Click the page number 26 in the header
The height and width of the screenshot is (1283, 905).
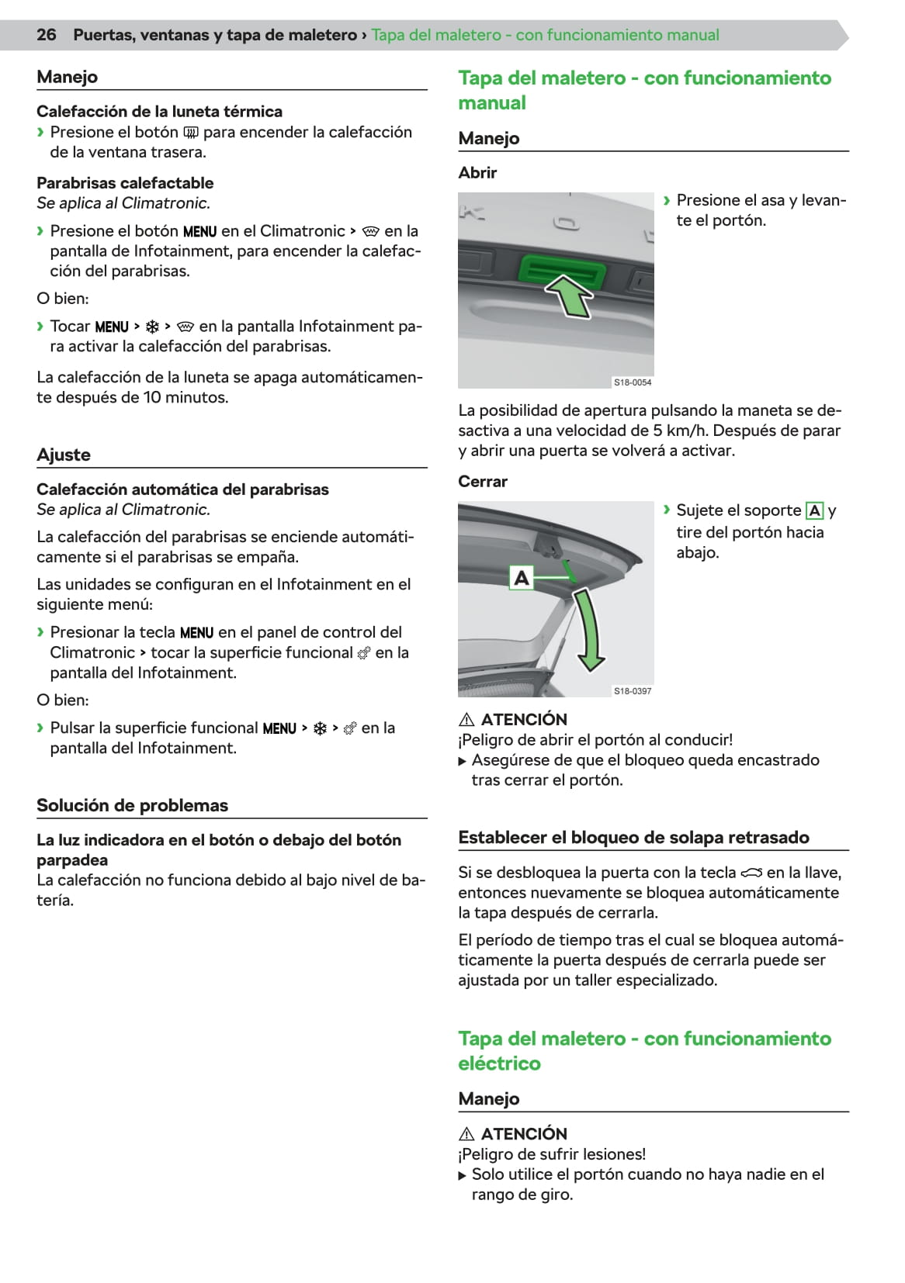click(47, 35)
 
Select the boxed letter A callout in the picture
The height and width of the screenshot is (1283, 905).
click(522, 578)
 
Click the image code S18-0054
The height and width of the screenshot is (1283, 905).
click(633, 382)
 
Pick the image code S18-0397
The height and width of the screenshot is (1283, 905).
click(633, 690)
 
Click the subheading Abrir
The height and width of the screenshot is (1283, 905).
click(477, 173)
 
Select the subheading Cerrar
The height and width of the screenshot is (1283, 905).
click(483, 482)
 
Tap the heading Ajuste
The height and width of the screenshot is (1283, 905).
click(64, 455)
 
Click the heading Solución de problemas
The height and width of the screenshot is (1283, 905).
click(132, 805)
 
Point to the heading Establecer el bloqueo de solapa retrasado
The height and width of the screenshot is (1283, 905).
click(633, 838)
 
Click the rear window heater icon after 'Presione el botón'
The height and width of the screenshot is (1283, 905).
click(190, 133)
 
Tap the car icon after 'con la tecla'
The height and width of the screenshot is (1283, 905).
click(751, 873)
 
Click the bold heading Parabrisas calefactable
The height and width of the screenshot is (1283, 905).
click(125, 183)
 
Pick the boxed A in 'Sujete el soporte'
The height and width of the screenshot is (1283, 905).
click(814, 510)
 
